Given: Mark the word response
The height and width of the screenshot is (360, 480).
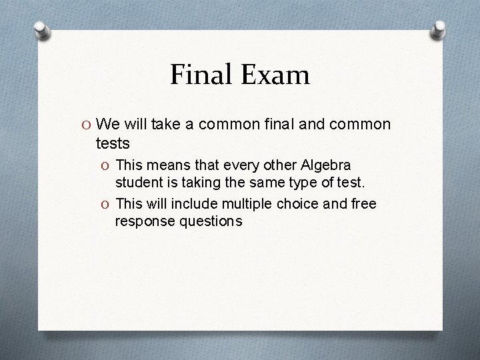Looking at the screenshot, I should coord(143,220).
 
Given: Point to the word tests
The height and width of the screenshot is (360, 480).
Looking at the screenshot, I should coord(114,143).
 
